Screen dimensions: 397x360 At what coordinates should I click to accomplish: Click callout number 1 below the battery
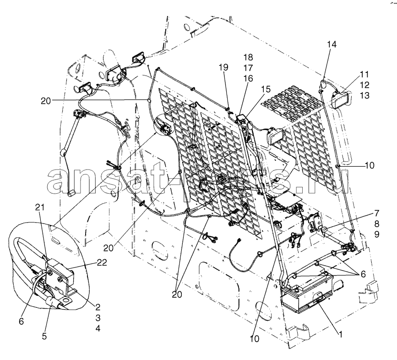[341, 335]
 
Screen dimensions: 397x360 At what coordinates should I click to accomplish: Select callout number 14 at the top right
[332, 44]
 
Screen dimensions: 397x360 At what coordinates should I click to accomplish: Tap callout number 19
[223, 67]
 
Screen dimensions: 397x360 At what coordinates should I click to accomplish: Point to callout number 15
[266, 89]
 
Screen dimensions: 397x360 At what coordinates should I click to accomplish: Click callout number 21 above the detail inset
[40, 207]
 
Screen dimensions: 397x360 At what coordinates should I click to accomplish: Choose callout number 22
[102, 262]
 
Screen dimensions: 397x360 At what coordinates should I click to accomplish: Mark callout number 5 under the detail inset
[44, 336]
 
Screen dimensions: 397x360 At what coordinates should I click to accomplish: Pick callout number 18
[248, 57]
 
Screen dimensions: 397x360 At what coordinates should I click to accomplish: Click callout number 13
[365, 95]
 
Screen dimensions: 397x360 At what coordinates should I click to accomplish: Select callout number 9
[377, 235]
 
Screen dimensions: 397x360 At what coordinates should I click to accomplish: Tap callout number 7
[377, 213]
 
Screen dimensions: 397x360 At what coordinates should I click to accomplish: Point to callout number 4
[98, 328]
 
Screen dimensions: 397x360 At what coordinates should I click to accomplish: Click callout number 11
[365, 75]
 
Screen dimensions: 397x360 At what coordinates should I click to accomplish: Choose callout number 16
[248, 78]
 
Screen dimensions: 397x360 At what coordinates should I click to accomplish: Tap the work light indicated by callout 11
[341, 100]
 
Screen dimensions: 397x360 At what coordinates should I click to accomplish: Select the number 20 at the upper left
[46, 101]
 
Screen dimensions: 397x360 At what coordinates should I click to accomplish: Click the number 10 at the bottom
[255, 339]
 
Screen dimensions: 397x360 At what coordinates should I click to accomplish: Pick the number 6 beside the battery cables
[363, 274]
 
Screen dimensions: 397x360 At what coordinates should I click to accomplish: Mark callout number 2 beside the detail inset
[98, 307]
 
